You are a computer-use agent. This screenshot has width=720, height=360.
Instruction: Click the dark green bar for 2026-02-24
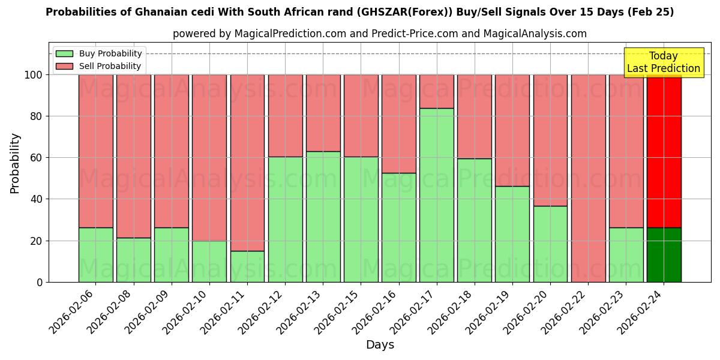tap(664, 254)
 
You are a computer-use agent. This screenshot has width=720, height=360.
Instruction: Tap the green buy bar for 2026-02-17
tap(436, 195)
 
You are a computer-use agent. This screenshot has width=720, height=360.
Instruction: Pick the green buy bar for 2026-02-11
tap(247, 266)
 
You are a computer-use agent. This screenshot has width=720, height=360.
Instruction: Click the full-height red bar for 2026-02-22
tap(588, 178)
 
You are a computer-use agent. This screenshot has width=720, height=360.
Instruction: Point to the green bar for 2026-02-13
tap(323, 217)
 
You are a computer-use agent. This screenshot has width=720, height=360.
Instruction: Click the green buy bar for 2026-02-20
tap(550, 244)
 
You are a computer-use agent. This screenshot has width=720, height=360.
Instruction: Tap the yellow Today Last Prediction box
tap(663, 62)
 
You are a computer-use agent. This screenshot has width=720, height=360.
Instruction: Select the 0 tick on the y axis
tap(40, 282)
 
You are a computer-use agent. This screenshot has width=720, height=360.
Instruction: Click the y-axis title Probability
tap(15, 163)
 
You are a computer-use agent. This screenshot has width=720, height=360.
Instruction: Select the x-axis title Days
tap(380, 345)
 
